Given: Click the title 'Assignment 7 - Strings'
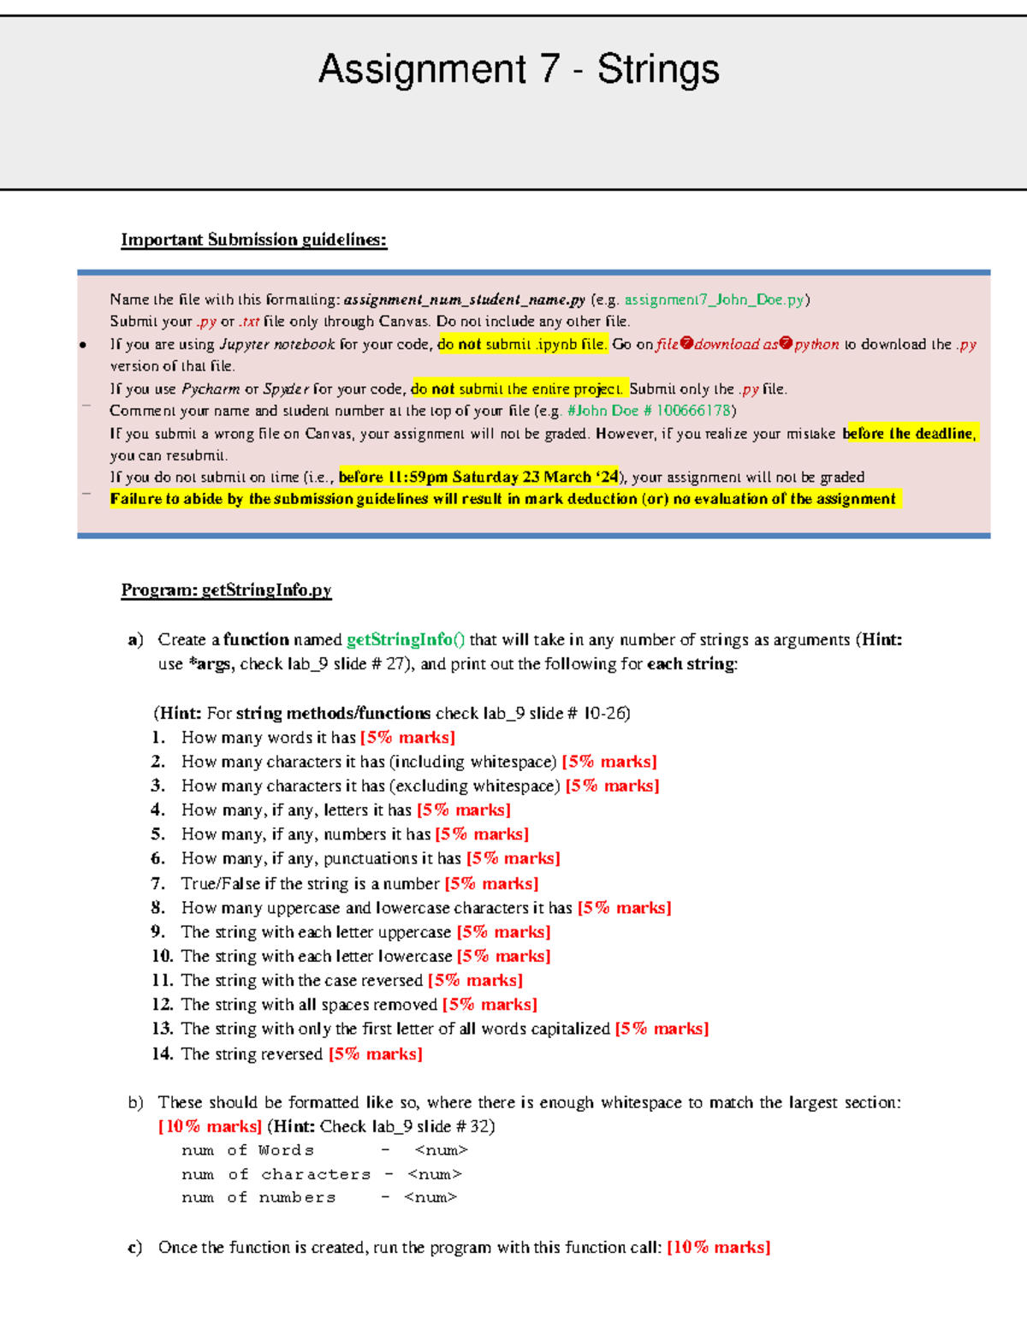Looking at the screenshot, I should [x=519, y=69].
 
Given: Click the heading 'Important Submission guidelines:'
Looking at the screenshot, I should [x=253, y=240].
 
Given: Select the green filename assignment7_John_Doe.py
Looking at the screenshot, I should [x=715, y=300].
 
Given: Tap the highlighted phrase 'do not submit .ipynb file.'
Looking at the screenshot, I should [x=522, y=344].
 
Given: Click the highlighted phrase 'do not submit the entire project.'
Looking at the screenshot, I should [x=519, y=389].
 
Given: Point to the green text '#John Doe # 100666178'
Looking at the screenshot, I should [x=649, y=411].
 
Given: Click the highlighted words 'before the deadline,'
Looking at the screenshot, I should [x=909, y=433].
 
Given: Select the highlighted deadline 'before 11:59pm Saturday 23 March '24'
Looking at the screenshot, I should [x=478, y=477].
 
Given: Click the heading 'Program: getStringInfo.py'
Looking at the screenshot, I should [x=226, y=590].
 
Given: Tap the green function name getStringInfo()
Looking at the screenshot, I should [x=406, y=639].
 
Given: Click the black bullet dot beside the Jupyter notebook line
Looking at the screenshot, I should [x=83, y=345].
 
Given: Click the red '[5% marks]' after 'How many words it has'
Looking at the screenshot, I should [x=407, y=738].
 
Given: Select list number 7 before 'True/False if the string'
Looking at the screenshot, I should [x=158, y=883].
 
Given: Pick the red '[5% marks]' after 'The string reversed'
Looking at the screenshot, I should [x=376, y=1053].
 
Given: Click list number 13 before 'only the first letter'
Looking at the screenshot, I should [x=162, y=1029].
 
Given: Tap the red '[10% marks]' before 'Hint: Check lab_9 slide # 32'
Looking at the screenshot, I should [x=210, y=1126].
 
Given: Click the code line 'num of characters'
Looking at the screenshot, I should [x=276, y=1174].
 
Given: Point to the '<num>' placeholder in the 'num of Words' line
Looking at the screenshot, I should [x=441, y=1150].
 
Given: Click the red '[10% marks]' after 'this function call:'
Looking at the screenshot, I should [x=718, y=1247].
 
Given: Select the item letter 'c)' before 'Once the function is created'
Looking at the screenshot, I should [x=135, y=1247].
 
